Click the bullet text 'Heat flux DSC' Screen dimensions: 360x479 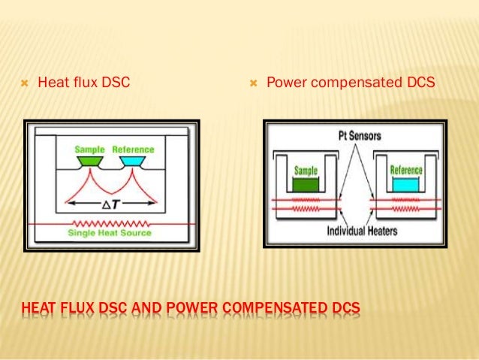tap(83, 82)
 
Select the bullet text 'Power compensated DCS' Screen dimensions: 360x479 tap(351, 82)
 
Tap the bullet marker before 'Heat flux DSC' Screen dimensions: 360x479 tap(24, 82)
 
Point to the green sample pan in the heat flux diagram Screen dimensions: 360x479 tap(89, 162)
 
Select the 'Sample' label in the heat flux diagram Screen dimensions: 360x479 tap(89, 150)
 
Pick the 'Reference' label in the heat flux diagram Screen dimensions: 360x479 tap(133, 150)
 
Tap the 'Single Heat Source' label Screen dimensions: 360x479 tap(110, 233)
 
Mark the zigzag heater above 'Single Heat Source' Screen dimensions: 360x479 tap(110, 223)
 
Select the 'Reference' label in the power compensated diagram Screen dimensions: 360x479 tap(406, 170)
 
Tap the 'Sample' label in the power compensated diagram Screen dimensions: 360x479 tap(306, 171)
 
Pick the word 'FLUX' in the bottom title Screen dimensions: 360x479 tap(73, 309)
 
